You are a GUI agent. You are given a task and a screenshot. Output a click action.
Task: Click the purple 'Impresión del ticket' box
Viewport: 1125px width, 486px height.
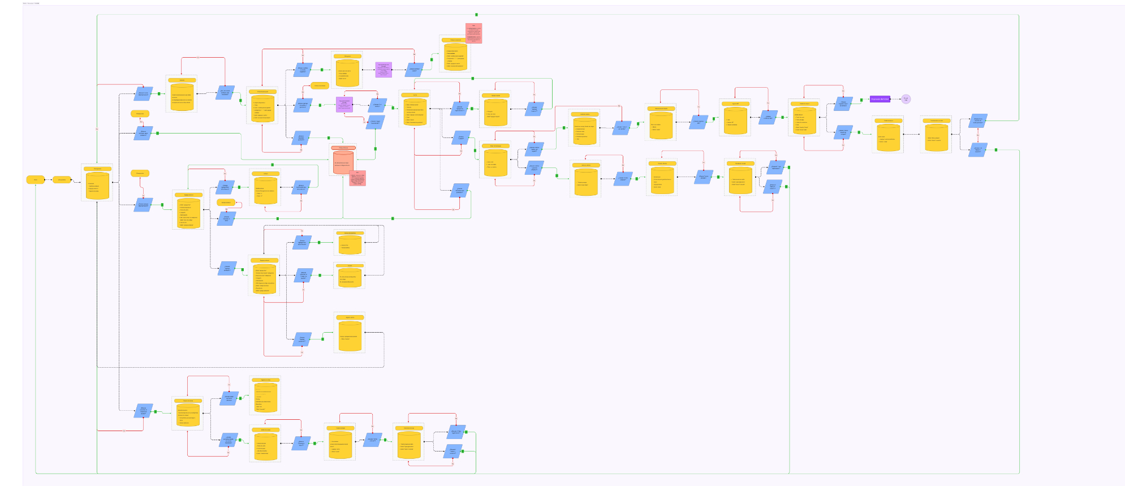[880, 99]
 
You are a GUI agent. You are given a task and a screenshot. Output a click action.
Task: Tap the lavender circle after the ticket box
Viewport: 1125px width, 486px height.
[906, 99]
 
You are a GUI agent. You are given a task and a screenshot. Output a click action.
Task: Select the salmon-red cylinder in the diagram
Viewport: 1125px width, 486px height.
[343, 162]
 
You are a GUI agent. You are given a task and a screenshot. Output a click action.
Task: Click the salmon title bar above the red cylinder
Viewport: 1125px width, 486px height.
[343, 148]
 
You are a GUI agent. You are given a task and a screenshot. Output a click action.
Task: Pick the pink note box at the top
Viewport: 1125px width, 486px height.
[473, 33]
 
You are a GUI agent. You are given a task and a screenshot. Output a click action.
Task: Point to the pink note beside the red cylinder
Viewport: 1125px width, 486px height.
[357, 178]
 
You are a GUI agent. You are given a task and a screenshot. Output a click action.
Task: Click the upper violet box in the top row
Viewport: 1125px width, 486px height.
[383, 70]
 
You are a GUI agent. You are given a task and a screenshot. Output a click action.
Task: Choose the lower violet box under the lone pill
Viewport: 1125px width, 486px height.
[344, 104]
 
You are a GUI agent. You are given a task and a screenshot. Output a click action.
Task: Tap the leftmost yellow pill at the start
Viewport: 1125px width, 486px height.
[35, 180]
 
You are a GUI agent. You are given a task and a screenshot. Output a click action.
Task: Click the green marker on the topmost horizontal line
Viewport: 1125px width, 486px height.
[476, 15]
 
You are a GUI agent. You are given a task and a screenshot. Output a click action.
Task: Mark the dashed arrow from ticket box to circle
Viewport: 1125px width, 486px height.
[895, 99]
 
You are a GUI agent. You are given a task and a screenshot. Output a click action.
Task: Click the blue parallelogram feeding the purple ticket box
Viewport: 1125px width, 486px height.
[843, 104]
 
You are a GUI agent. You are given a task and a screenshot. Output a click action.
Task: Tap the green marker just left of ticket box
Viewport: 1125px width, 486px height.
[861, 100]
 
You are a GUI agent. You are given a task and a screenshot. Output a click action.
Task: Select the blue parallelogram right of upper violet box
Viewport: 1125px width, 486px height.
[415, 70]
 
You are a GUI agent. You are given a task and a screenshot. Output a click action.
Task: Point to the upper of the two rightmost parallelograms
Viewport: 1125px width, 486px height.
[978, 121]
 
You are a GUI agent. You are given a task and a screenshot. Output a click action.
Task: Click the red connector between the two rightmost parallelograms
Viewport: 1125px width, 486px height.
[978, 136]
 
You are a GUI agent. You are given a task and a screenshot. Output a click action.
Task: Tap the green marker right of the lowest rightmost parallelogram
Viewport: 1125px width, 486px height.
[995, 150]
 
